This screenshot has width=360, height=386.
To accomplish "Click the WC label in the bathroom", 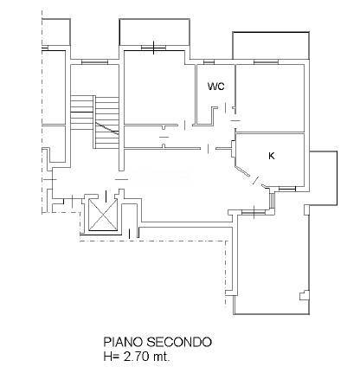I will [x=215, y=87].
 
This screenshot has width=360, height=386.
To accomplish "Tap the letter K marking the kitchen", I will [x=271, y=156].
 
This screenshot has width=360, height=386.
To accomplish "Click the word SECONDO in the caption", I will [x=183, y=344].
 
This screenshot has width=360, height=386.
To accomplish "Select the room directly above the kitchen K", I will [x=270, y=97].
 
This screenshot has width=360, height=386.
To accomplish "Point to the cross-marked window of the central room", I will [x=153, y=48].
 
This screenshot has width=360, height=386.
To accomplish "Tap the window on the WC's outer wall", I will [x=209, y=61].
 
